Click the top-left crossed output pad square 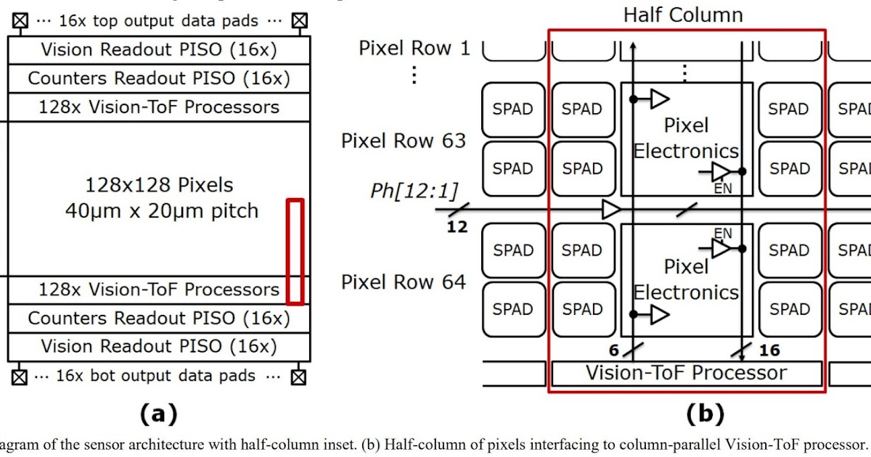tap(20, 22)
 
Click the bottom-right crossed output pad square tap(298, 376)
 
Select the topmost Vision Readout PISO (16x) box tap(159, 50)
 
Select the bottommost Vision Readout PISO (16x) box tap(159, 346)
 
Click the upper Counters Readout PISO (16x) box tap(159, 78)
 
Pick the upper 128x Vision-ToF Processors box tap(159, 107)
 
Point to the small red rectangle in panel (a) tap(295, 250)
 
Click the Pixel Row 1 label tap(414, 49)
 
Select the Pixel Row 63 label tap(404, 141)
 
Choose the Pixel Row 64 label tap(404, 281)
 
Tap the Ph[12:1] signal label tap(414, 192)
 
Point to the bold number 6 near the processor tap(613, 350)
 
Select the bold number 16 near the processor tap(769, 350)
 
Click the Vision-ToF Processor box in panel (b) tap(686, 374)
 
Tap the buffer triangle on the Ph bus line tap(612, 211)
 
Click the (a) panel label tap(158, 414)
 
